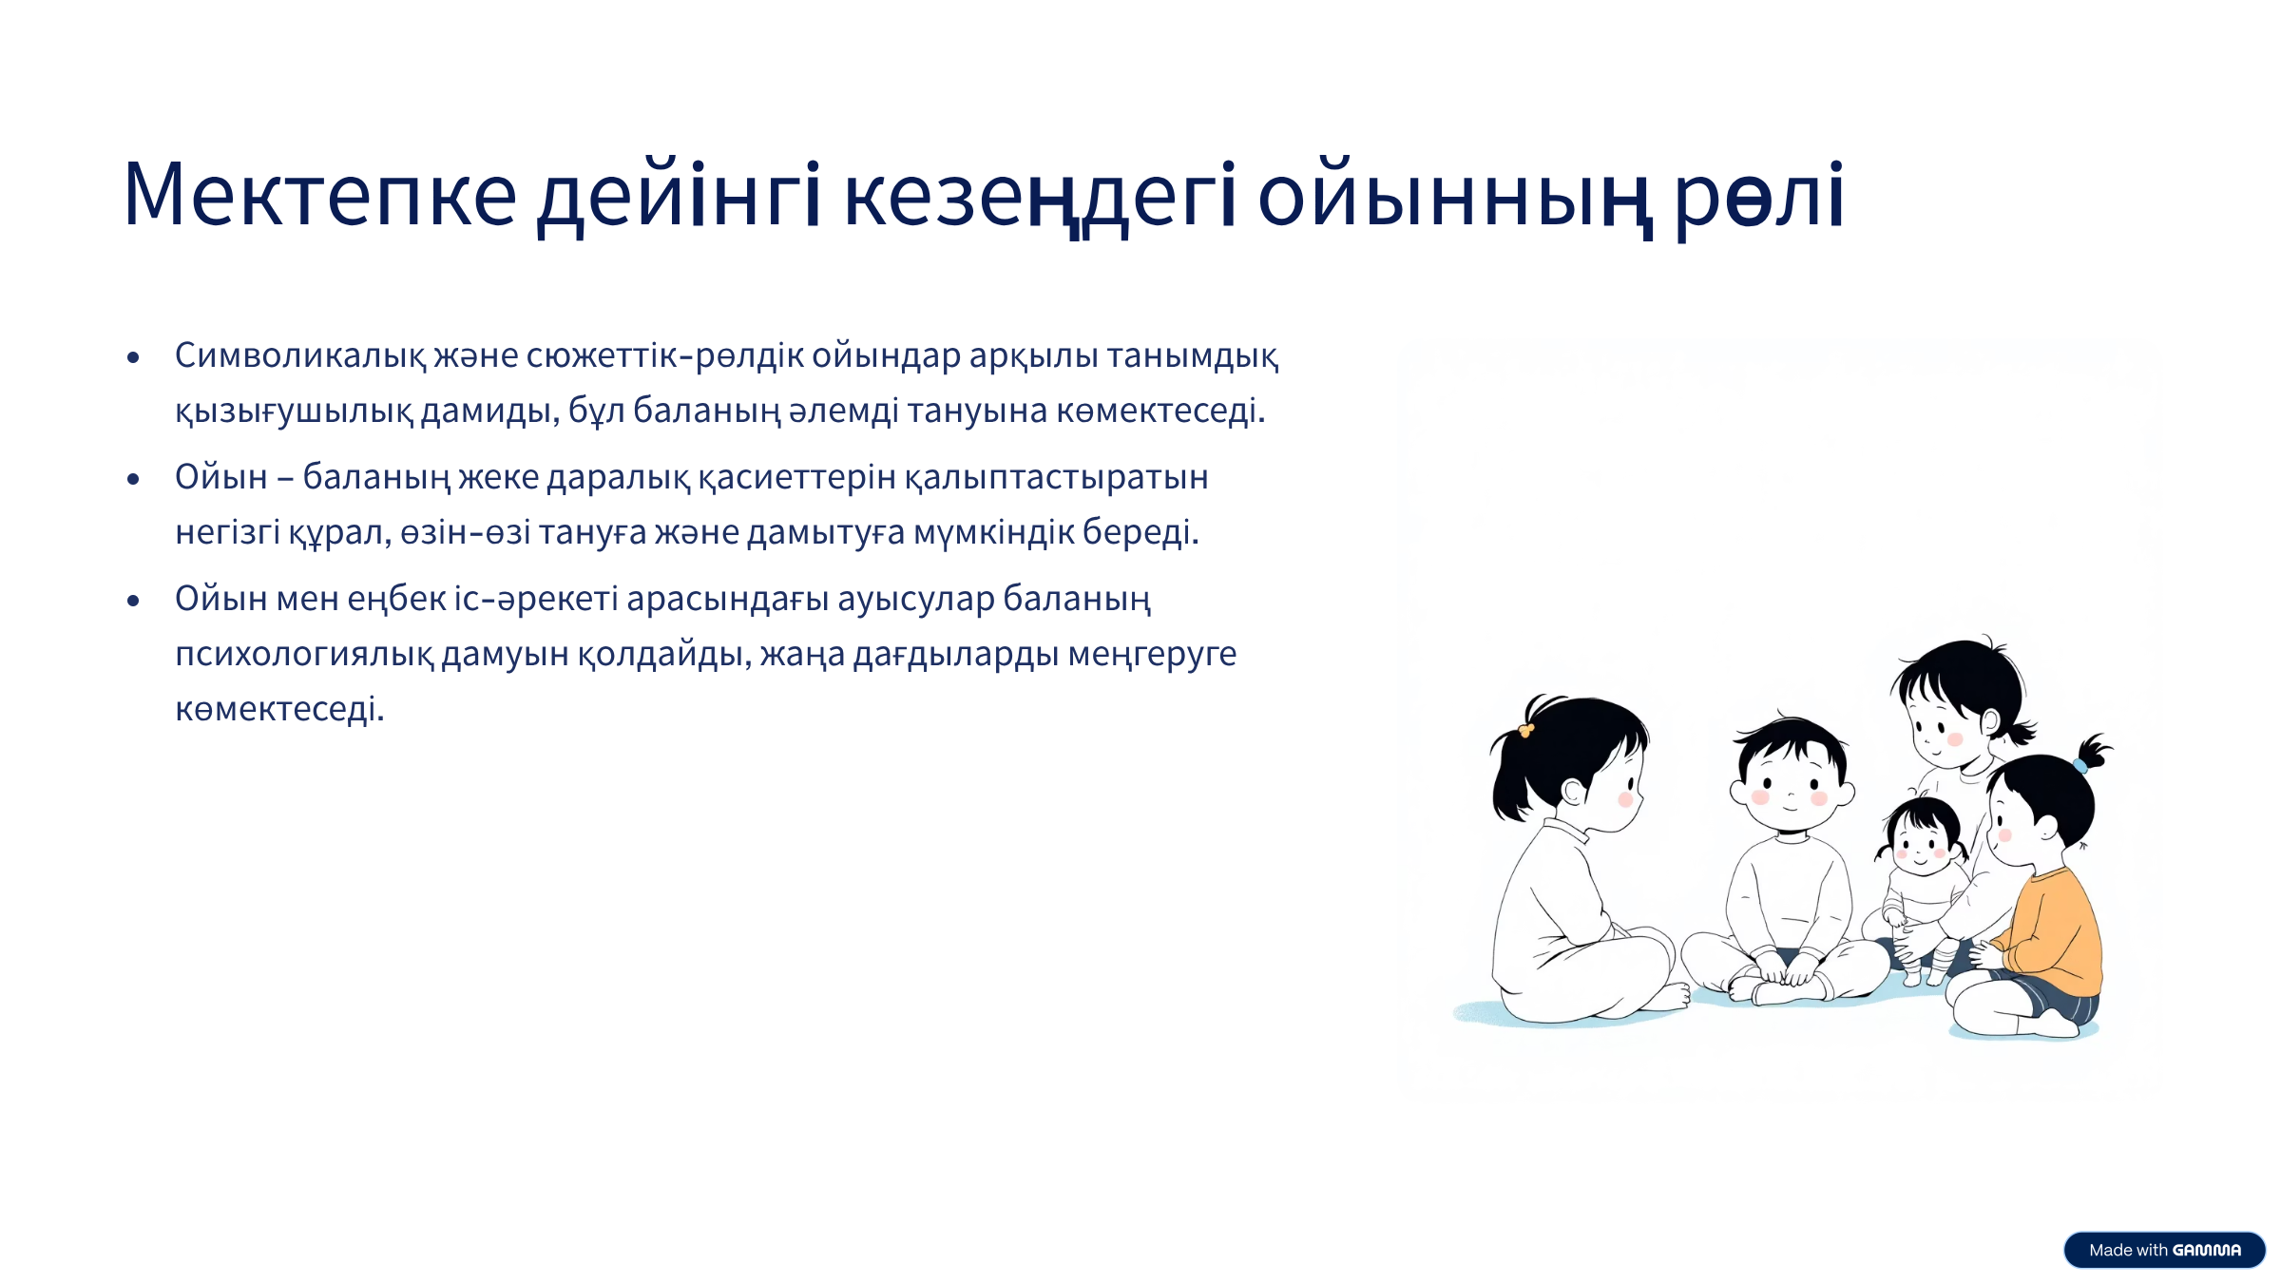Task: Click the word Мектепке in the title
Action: [320, 195]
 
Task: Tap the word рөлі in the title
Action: [1759, 198]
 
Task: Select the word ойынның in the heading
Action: [1453, 198]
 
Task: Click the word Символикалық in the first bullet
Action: [301, 355]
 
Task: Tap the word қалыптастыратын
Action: [1057, 478]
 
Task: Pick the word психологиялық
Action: [304, 655]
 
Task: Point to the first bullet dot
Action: [133, 357]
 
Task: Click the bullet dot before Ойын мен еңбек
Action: [133, 601]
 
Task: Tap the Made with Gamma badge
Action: [2164, 1250]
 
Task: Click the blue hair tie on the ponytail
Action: [2080, 765]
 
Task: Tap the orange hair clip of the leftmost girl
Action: [1526, 730]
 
